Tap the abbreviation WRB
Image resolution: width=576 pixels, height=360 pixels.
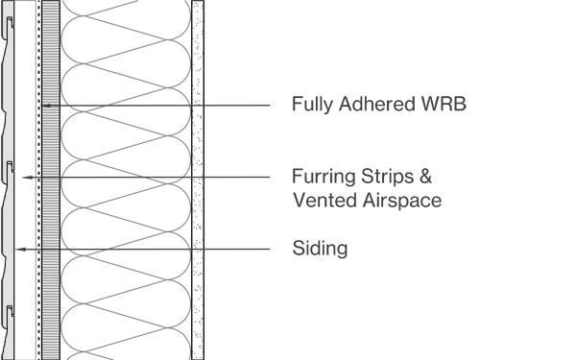444,105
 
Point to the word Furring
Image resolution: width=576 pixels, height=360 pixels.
323,178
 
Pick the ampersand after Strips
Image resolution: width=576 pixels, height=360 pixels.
428,178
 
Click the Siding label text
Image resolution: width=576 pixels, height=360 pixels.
320,250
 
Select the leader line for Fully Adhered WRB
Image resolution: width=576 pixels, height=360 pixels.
173,105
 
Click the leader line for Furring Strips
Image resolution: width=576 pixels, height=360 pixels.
154,178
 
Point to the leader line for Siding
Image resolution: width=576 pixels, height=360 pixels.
144,250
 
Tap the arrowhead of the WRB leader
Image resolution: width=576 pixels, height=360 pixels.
44,105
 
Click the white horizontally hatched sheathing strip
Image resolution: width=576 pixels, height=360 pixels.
52,144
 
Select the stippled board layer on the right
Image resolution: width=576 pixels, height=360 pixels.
198,144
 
